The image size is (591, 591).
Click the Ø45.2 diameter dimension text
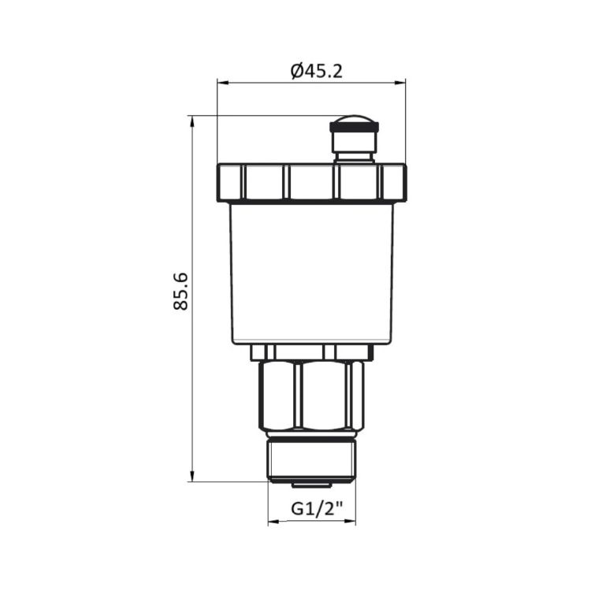click(x=317, y=71)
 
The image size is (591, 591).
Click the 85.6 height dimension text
click(x=181, y=292)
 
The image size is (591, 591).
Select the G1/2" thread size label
click(x=311, y=508)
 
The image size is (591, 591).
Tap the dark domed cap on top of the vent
click(x=354, y=124)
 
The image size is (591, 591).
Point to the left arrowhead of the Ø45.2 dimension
click(x=221, y=81)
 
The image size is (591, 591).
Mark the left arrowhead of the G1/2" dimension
click(x=272, y=522)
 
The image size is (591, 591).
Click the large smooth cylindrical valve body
click(x=311, y=272)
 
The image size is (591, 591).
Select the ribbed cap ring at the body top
click(x=311, y=182)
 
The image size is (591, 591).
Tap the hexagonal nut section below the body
click(x=311, y=394)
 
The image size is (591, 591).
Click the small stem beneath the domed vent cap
click(x=353, y=146)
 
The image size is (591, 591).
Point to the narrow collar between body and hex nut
click(x=311, y=352)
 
